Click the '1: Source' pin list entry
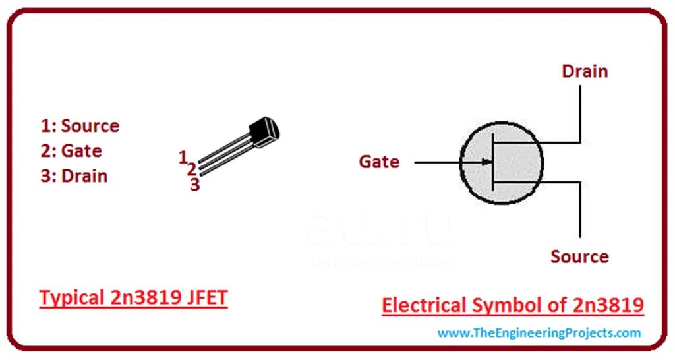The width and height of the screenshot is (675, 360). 80,126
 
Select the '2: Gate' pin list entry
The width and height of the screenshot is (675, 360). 71,151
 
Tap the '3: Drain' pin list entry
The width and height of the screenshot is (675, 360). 74,176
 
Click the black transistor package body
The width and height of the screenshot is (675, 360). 264,133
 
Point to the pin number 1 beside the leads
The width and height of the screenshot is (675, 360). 183,157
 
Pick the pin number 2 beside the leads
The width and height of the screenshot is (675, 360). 192,169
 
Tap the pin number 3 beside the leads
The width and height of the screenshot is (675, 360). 195,185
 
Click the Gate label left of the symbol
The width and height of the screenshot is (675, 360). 379,162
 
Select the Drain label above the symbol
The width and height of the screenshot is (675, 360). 585,71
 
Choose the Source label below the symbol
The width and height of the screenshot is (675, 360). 580,256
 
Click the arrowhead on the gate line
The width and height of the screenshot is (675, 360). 487,162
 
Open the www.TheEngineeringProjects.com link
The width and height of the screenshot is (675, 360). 539,333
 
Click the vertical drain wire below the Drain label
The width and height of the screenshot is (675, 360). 580,113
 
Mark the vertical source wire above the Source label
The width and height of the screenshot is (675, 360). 580,210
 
